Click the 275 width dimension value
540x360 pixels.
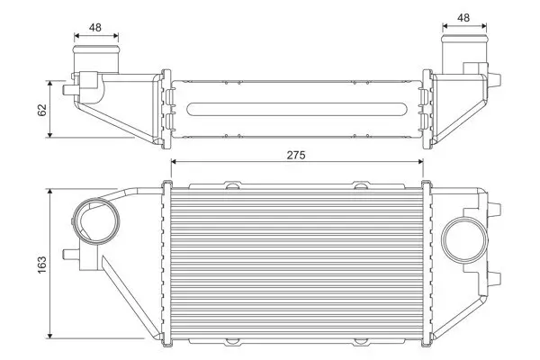[296, 154]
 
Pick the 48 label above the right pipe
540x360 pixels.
[463, 16]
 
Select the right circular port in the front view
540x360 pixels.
[464, 240]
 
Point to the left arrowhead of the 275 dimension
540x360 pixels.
[175, 163]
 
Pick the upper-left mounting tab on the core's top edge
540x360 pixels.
[232, 186]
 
